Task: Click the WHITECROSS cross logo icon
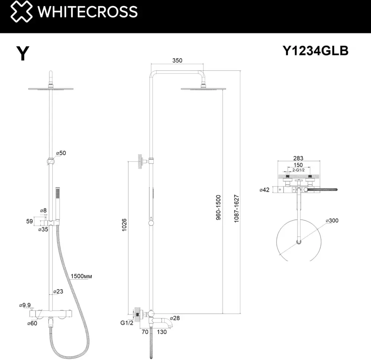[21, 11]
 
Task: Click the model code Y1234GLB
[315, 50]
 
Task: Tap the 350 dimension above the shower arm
[177, 60]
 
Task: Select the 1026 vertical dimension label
[124, 225]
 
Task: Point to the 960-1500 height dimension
[218, 207]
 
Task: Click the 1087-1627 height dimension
[236, 208]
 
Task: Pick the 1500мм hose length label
[81, 276]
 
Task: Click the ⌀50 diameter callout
[61, 153]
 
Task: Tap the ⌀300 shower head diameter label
[332, 221]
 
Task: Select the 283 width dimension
[298, 158]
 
